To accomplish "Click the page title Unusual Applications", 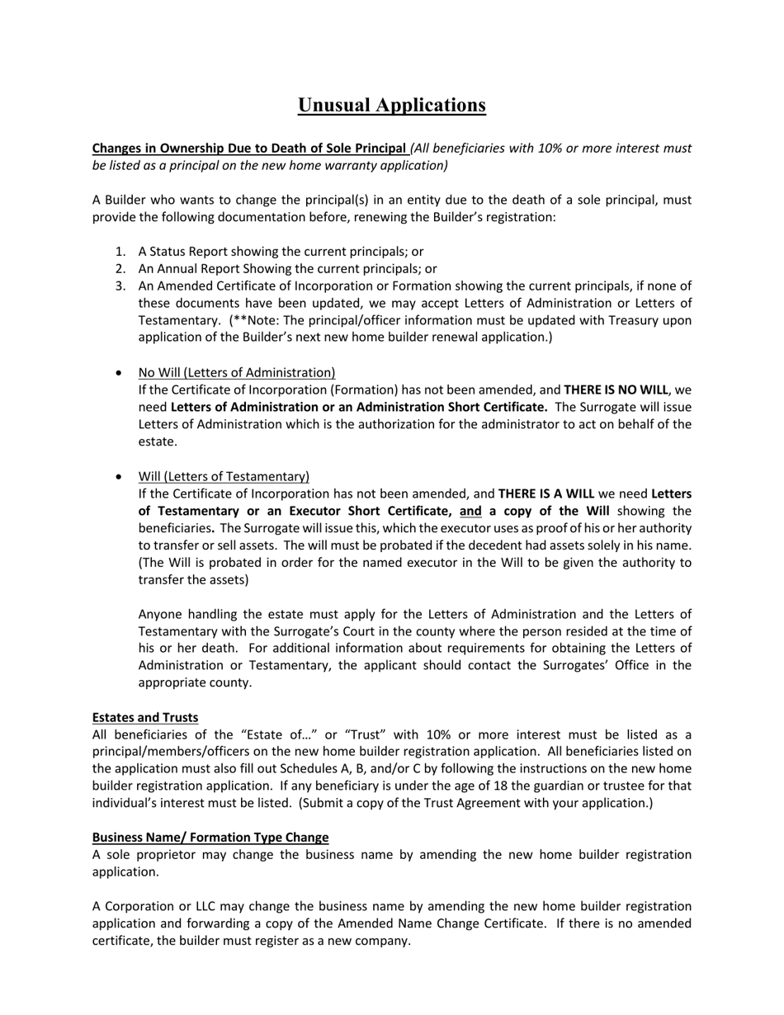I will pyautogui.click(x=391, y=106).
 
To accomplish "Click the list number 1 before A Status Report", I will pyautogui.click(x=120, y=252).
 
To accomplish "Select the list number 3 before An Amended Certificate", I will pyautogui.click(x=120, y=286).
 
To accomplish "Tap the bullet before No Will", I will pyautogui.click(x=120, y=373).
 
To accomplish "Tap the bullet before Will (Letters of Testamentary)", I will pyautogui.click(x=120, y=477).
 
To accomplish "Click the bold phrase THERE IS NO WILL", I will pyautogui.click(x=616, y=389).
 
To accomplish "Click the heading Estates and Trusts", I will pyautogui.click(x=144, y=717).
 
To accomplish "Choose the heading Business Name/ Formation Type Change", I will pyautogui.click(x=210, y=838).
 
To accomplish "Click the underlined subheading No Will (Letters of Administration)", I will pyautogui.click(x=237, y=372).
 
